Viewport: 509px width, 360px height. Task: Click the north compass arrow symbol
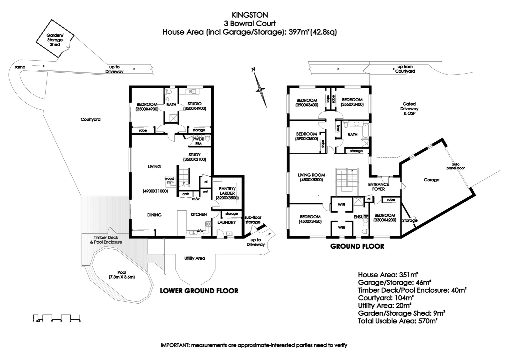pyautogui.click(x=260, y=89)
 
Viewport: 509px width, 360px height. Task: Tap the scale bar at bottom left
pyautogui.click(x=57, y=318)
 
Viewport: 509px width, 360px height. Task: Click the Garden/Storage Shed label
pyautogui.click(x=55, y=40)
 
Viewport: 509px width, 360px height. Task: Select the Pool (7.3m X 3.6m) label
pyautogui.click(x=122, y=275)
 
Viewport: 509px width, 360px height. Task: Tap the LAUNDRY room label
pyautogui.click(x=227, y=222)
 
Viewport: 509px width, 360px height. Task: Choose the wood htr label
pyautogui.click(x=169, y=180)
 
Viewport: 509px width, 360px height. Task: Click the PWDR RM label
pyautogui.click(x=199, y=141)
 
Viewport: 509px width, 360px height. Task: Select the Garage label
pyautogui.click(x=431, y=180)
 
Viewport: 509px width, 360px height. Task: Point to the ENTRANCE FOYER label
pyautogui.click(x=378, y=187)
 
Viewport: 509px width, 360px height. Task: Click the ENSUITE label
pyautogui.click(x=361, y=217)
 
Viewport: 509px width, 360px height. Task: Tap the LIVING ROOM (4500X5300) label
pyautogui.click(x=311, y=177)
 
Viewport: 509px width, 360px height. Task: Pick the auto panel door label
pyautogui.click(x=455, y=166)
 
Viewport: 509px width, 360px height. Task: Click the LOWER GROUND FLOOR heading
pyautogui.click(x=199, y=291)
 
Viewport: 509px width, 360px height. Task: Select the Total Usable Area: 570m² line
pyautogui.click(x=398, y=321)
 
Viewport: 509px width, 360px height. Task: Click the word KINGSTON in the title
pyautogui.click(x=250, y=15)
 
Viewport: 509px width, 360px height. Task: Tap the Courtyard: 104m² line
pyautogui.click(x=386, y=298)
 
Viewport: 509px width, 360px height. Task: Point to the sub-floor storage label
pyautogui.click(x=253, y=220)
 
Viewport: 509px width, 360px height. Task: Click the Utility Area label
pyautogui.click(x=195, y=258)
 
